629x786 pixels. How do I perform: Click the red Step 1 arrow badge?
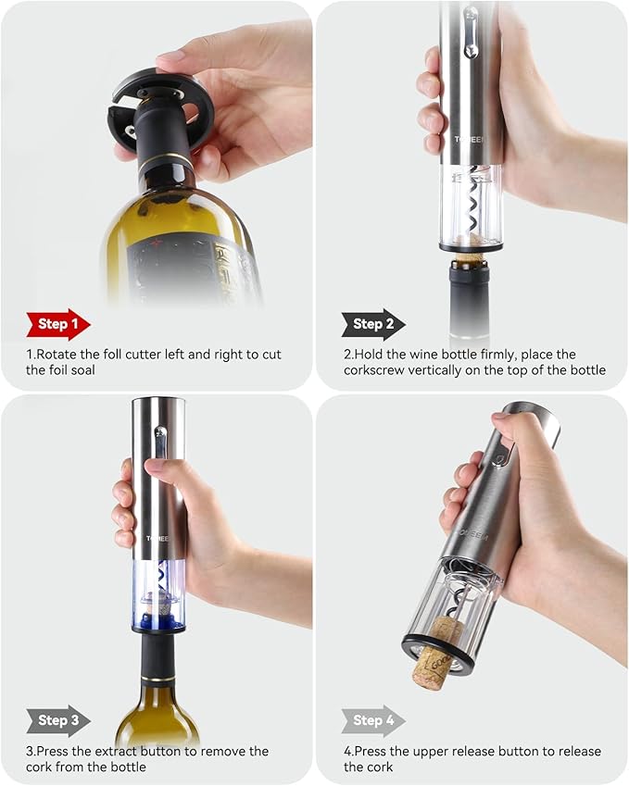(57, 324)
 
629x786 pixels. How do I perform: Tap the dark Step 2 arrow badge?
(372, 324)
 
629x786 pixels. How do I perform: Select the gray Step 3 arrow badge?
(57, 719)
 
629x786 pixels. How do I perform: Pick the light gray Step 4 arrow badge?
(372, 719)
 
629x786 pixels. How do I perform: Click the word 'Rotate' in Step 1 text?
(60, 355)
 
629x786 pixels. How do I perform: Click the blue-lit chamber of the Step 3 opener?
(158, 597)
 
